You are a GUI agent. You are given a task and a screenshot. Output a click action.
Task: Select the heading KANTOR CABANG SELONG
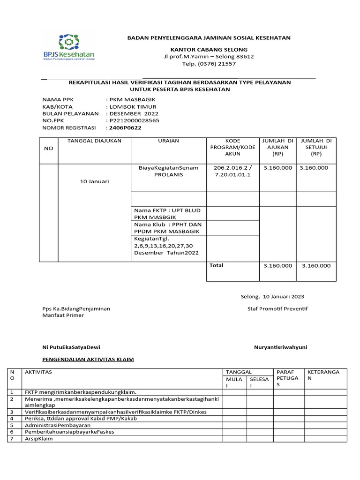[209, 49]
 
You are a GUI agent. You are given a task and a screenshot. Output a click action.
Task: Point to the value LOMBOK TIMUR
[133, 107]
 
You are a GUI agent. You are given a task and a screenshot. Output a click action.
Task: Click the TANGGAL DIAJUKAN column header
[95, 141]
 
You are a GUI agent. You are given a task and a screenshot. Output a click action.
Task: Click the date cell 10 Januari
[94, 181]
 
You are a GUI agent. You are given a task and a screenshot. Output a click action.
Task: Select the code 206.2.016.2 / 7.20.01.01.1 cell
[232, 171]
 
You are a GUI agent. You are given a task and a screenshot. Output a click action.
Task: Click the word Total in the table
[217, 265]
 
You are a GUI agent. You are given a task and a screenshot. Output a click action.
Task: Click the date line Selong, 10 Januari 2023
[269, 296]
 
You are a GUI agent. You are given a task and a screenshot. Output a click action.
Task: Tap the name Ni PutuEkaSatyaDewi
[71, 347]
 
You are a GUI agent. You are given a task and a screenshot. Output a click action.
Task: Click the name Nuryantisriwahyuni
[280, 347]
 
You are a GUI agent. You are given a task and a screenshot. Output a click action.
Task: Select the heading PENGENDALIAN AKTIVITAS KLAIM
[88, 360]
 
